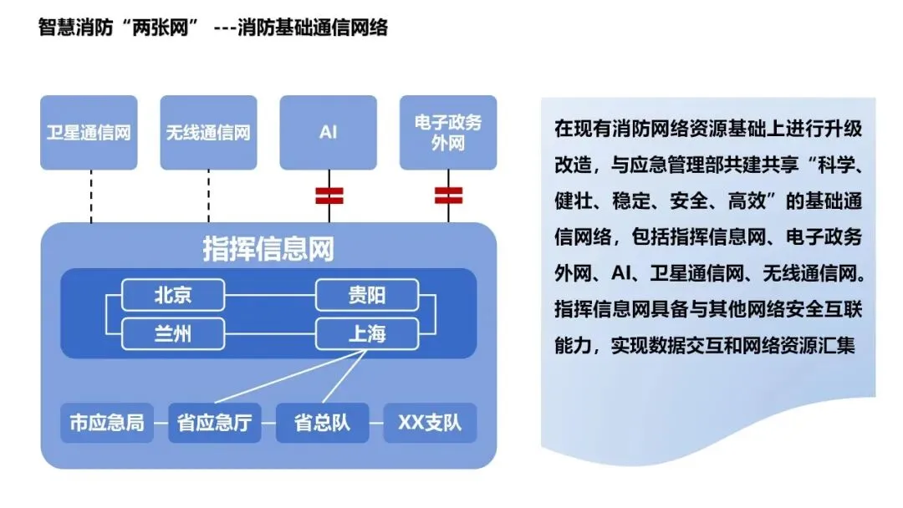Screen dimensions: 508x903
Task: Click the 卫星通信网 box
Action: pos(89,132)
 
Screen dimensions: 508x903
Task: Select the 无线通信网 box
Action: pos(208,132)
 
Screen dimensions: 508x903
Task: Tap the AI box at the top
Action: pos(328,132)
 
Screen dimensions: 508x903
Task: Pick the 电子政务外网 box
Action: pos(448,132)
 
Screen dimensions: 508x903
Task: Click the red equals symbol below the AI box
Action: pos(329,196)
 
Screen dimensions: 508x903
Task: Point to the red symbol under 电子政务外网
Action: pos(449,196)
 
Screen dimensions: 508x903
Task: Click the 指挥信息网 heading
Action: pos(268,249)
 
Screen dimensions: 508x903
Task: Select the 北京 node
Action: pos(174,295)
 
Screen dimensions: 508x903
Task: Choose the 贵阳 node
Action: pos(366,295)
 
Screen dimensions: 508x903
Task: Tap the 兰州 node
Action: pos(174,334)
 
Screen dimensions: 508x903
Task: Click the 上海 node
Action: pos(366,334)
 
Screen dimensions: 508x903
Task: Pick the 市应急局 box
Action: pos(106,423)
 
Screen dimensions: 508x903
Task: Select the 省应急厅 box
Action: pos(214,423)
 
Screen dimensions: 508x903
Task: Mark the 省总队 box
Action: pos(322,423)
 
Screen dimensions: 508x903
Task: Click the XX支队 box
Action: pos(429,423)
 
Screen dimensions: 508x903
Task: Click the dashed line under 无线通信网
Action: pos(208,196)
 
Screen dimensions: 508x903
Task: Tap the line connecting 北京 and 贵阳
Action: pos(270,295)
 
